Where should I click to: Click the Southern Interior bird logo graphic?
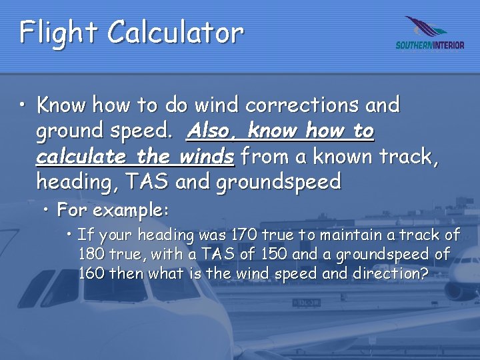427,28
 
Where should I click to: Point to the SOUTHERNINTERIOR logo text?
429,45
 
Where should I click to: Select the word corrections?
303,105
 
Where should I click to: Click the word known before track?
337,157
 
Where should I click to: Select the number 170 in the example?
242,235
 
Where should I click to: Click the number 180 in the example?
91,254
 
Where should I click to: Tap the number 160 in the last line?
91,273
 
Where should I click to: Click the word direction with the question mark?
391,273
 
